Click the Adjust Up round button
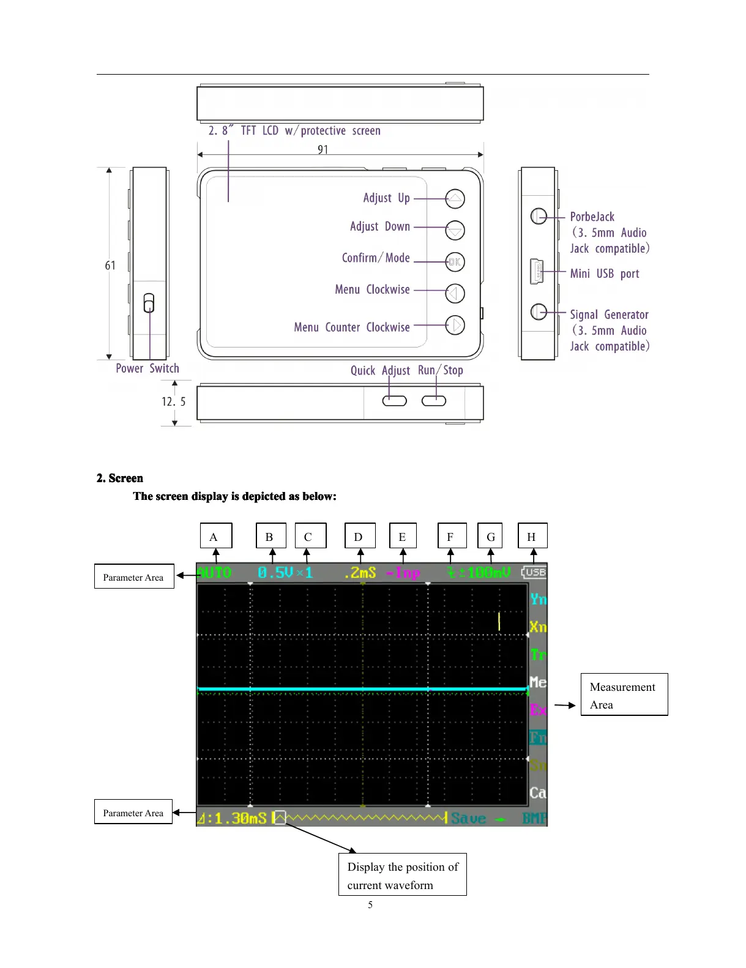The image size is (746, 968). point(455,199)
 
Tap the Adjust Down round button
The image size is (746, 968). point(455,230)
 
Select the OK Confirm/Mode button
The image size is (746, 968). point(455,262)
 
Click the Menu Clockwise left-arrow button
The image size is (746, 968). point(455,294)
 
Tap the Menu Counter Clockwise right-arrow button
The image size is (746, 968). point(455,325)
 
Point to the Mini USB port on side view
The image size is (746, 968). point(537,272)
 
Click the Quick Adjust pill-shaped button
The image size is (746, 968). point(394,401)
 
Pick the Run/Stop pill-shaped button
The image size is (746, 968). point(434,401)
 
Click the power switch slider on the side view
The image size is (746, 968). point(149,303)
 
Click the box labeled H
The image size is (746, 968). point(532,536)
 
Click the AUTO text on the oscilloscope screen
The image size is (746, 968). point(214,573)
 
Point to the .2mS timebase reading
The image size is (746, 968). point(360,573)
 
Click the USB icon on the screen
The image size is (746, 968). point(534,572)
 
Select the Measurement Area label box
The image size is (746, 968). point(624,694)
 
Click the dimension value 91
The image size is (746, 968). point(323,150)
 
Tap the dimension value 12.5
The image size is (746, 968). point(173,402)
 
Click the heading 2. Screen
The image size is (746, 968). point(120,478)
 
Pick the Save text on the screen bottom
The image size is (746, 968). point(469,819)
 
